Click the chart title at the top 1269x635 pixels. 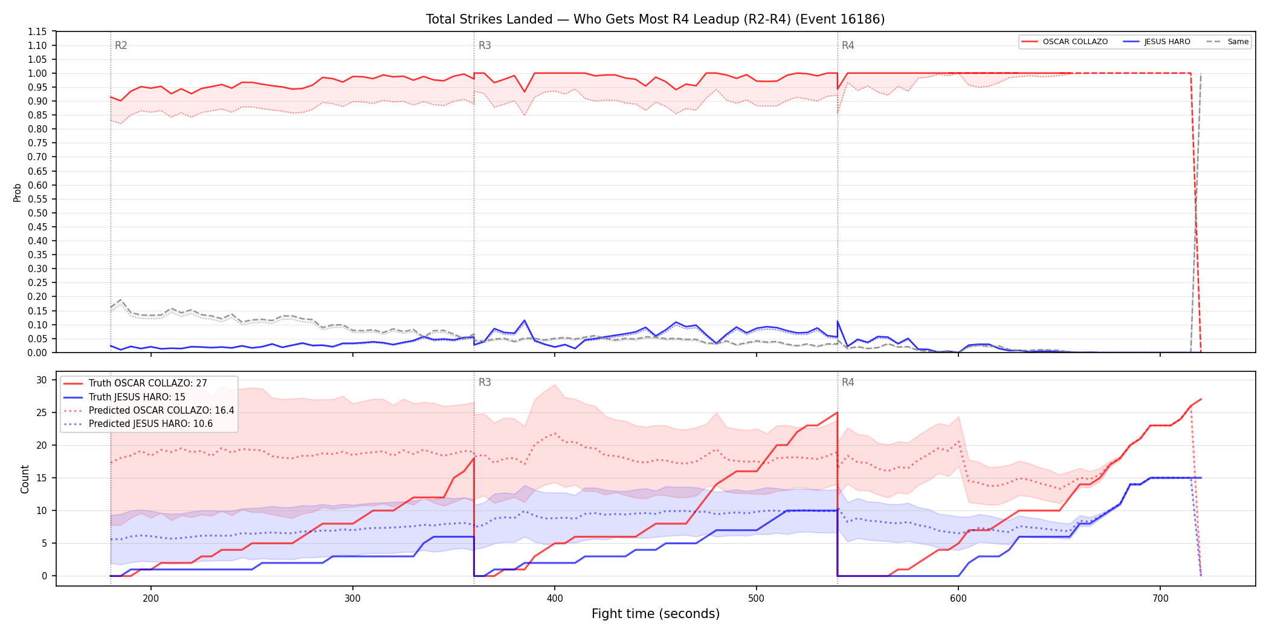pyautogui.click(x=655, y=19)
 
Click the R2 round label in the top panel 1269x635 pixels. pyautogui.click(x=121, y=45)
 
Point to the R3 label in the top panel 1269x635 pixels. pyautogui.click(x=485, y=45)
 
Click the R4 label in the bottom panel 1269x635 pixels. pyautogui.click(x=848, y=382)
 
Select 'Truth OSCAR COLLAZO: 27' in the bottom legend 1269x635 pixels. pyautogui.click(x=147, y=383)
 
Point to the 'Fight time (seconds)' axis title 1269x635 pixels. pyautogui.click(x=656, y=614)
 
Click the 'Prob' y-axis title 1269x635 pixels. pyautogui.click(x=18, y=192)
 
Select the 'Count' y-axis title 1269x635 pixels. pyautogui.click(x=25, y=479)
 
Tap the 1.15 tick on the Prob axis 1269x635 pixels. pyautogui.click(x=37, y=31)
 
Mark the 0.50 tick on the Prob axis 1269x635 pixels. pyautogui.click(x=37, y=213)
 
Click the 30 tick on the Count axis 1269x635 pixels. pyautogui.click(x=42, y=380)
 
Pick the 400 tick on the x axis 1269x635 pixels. pyautogui.click(x=555, y=599)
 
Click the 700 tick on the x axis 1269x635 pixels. pyautogui.click(x=1160, y=599)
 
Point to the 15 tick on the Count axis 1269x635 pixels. pyautogui.click(x=42, y=478)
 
